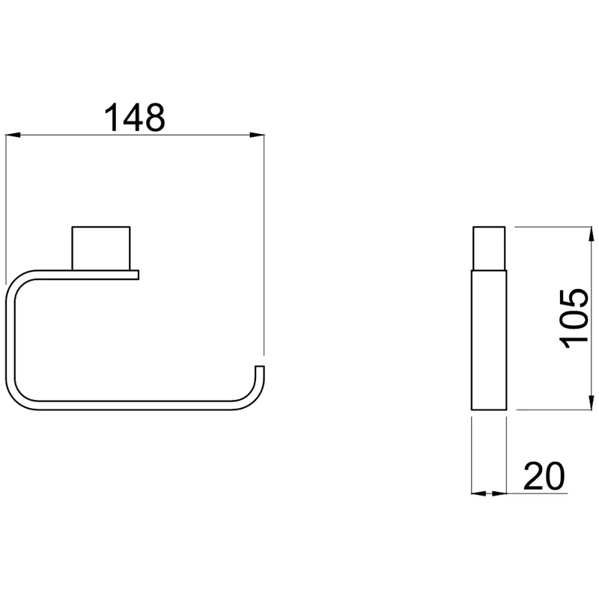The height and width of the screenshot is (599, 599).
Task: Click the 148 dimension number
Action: tap(135, 118)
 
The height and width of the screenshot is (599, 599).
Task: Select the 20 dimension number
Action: tap(544, 475)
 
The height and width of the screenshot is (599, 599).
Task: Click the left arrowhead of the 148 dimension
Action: tap(13, 135)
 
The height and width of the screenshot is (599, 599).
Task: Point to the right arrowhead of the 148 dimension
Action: tap(257, 135)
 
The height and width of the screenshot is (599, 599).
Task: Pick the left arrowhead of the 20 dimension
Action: tap(478, 493)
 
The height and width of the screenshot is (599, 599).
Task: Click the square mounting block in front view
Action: tap(101, 249)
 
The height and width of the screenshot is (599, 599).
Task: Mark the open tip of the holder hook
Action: tap(260, 368)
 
